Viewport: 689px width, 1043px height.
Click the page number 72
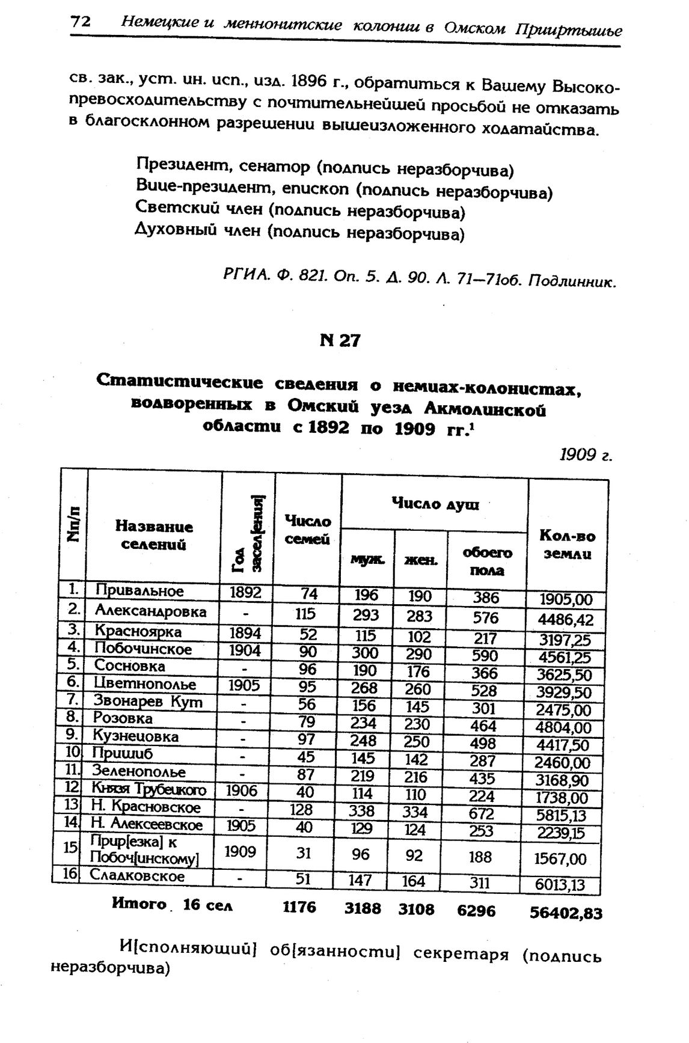81,22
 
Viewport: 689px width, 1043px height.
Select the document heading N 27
340,341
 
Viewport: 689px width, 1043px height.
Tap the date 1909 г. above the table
586,455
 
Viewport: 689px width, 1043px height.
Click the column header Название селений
154,536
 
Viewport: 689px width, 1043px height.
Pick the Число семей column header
307,530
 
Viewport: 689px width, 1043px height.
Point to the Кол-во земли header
567,545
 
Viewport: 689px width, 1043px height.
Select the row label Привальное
139,591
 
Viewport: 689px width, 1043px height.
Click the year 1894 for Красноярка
245,633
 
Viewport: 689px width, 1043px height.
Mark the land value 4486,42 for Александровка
565,620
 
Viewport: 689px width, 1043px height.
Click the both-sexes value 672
482,814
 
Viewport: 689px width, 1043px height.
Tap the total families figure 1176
299,907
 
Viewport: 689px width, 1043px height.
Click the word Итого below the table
139,904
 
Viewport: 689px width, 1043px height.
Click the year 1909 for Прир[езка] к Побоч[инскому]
240,851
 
